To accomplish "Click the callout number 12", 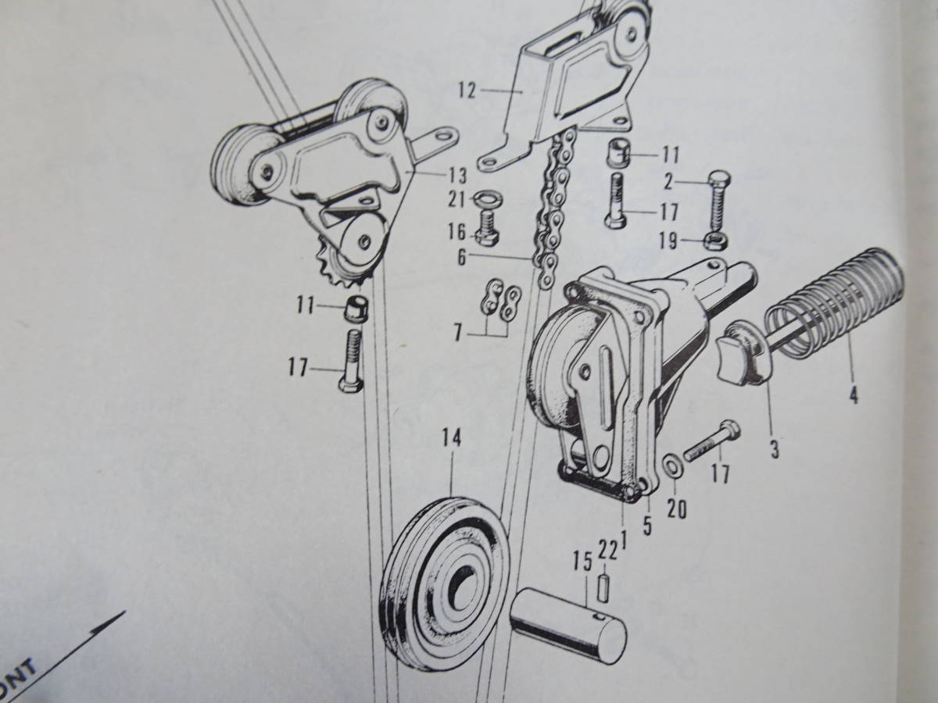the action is pyautogui.click(x=467, y=91).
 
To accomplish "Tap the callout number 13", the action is pyautogui.click(x=456, y=175).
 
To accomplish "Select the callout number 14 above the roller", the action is pyautogui.click(x=451, y=438).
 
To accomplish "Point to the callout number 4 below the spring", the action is pyautogui.click(x=853, y=394).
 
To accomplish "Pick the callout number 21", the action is pyautogui.click(x=457, y=199).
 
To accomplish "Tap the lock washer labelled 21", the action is pyautogui.click(x=488, y=199).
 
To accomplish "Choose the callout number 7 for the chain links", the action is pyautogui.click(x=457, y=334).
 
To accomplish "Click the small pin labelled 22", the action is pyautogui.click(x=603, y=589).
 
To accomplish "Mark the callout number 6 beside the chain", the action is pyautogui.click(x=461, y=258).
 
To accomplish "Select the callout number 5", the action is pyautogui.click(x=647, y=526).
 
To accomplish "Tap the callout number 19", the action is pyautogui.click(x=668, y=241).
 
